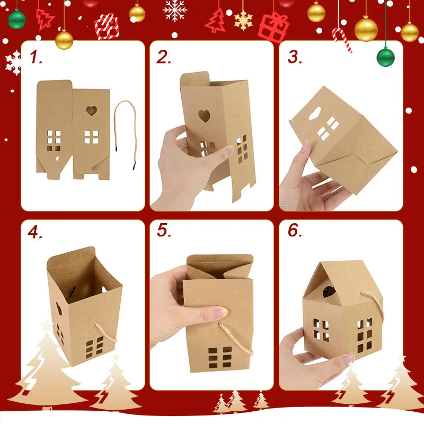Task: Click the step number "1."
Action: pos(36,57)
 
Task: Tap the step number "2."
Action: pos(164,57)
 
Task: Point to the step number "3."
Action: pos(295,57)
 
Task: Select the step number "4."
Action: pos(35,232)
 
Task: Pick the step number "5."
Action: pos(164,230)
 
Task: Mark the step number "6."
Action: pos(295,230)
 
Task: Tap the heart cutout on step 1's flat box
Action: pos(91,111)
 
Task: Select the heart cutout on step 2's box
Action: pos(204,116)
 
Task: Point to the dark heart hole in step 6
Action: pos(329,291)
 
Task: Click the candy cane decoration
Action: pos(341,39)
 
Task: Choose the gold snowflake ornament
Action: pos(243,21)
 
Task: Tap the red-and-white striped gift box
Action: pos(107,26)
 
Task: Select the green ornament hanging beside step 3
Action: pos(386,57)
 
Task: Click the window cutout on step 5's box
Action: pos(220,357)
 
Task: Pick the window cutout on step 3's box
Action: pos(328,128)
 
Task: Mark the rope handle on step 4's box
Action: pos(105,332)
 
